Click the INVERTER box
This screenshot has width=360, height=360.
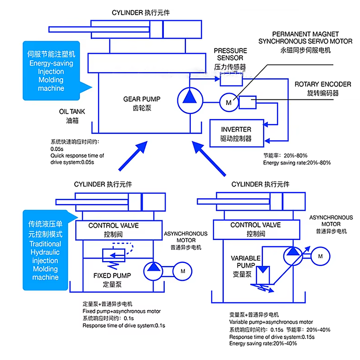coord(236,133)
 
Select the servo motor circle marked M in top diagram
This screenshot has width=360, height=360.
coord(229,103)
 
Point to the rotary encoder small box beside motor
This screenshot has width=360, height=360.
coord(247,103)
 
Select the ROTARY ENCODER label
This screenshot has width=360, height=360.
coord(316,89)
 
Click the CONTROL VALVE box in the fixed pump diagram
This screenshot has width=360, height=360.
coord(113,229)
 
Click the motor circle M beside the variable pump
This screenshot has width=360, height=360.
coord(320,256)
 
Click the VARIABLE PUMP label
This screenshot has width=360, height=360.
coord(246,265)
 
